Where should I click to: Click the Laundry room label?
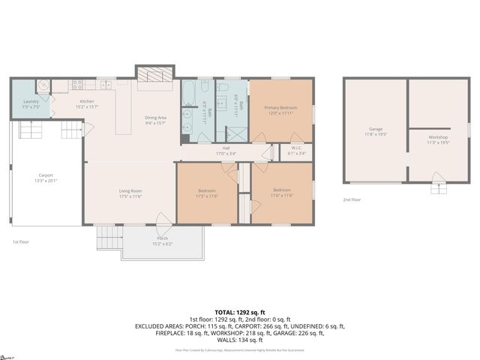point(31,103)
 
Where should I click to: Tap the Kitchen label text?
point(87,103)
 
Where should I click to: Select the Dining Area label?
point(156,119)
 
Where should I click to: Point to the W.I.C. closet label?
point(296,150)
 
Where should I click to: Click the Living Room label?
point(130,193)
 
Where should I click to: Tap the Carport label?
point(46,178)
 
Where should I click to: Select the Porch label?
point(162,240)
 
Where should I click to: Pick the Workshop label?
point(438,139)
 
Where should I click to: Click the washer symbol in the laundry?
point(43,86)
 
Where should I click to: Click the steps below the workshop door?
point(438,188)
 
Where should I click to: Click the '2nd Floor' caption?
point(352,199)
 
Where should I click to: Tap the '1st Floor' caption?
point(20,241)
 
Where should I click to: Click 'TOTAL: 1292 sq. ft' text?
point(240,311)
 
